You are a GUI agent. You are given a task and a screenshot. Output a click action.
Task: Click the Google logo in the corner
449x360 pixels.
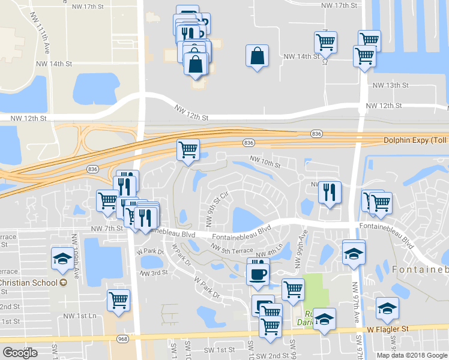pos(20,353)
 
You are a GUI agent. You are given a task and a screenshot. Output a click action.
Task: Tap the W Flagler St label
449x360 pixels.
pos(388,329)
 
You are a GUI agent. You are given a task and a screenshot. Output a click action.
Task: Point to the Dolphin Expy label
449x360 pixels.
pos(415,140)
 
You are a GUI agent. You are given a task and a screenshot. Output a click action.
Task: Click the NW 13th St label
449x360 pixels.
pos(385,86)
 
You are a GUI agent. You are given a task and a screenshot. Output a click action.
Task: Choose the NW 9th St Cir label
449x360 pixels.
pos(217,209)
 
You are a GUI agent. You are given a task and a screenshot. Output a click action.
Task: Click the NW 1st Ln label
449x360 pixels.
pos(79,316)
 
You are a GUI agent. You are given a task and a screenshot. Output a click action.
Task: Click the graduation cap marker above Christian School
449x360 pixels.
pos(62,258)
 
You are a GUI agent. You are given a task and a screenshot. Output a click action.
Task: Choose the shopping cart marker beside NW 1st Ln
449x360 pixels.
pos(118,300)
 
